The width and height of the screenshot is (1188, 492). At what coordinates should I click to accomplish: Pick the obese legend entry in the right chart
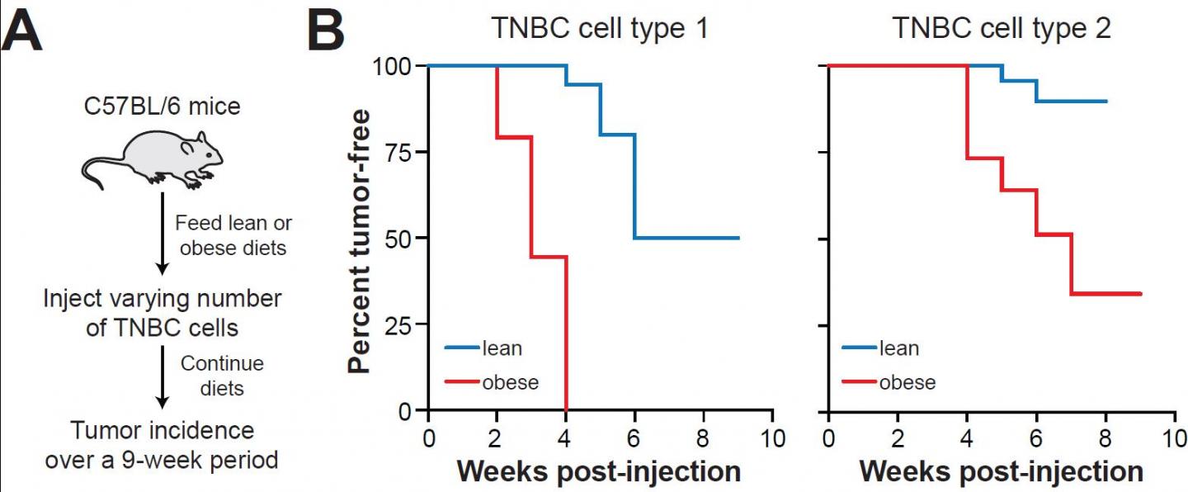coord(907,382)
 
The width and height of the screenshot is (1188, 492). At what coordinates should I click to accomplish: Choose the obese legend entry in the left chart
coord(510,382)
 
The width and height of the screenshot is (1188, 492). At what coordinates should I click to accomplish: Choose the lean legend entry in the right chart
coord(898,348)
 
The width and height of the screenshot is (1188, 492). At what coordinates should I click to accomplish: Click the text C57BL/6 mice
coord(162,106)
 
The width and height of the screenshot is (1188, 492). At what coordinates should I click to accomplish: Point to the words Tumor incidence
coord(163,430)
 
